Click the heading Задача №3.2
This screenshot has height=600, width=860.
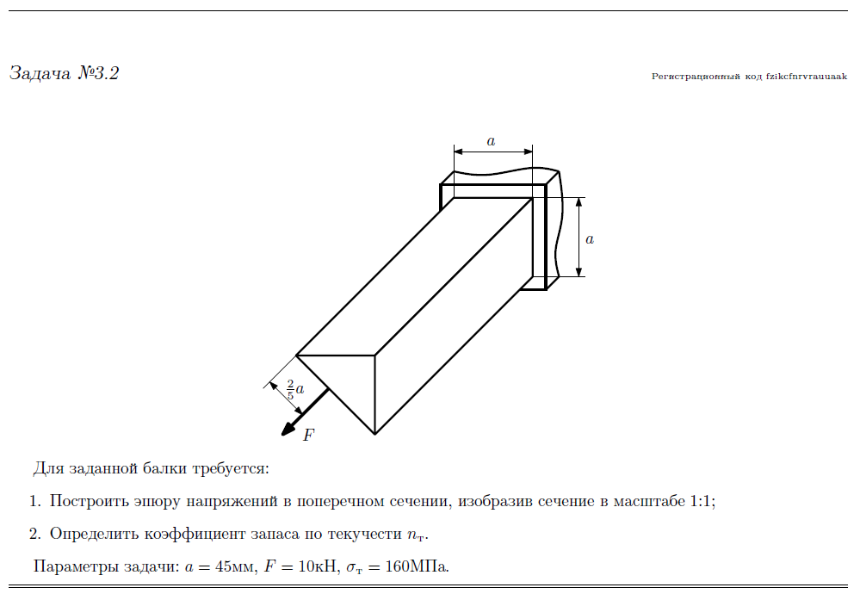[x=64, y=73]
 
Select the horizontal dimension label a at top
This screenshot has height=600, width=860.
[x=492, y=141]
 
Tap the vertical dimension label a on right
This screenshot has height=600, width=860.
[x=590, y=239]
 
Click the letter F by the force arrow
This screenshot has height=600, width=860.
[x=309, y=435]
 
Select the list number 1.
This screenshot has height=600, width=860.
[x=34, y=501]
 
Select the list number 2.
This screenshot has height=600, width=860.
[x=34, y=534]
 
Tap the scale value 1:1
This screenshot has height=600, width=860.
[x=702, y=501]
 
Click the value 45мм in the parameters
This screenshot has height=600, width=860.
[x=229, y=567]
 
